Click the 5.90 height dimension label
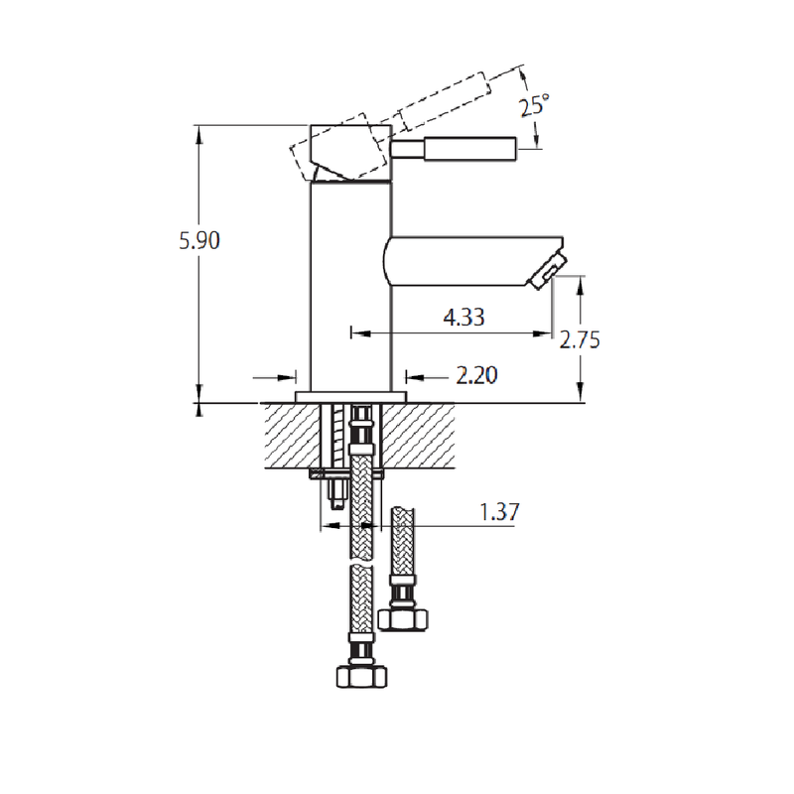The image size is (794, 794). coord(198,240)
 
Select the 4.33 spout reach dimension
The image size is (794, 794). coord(463,318)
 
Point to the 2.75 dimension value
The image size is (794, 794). coord(580,339)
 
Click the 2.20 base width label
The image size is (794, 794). coord(475,375)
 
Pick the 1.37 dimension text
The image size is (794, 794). coord(499,512)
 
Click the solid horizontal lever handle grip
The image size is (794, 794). coord(470,148)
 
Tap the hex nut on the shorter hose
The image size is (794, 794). coord(405,616)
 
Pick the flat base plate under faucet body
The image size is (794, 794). coord(351,396)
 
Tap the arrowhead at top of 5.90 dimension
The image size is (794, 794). coord(199,131)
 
